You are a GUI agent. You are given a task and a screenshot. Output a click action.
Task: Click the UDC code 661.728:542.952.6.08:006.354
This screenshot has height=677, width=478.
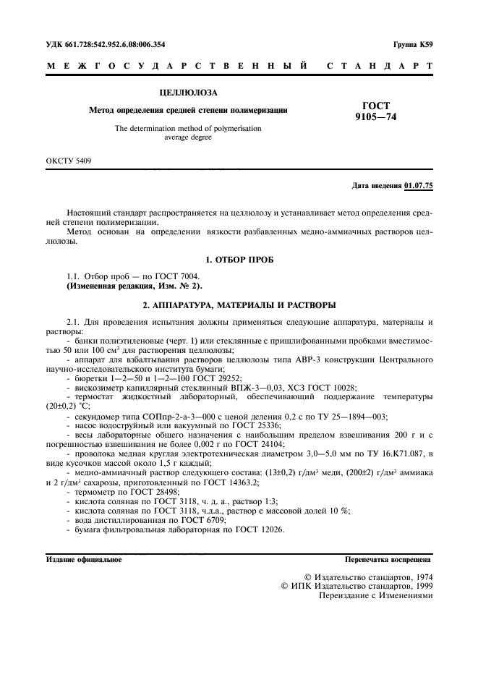pos(106,44)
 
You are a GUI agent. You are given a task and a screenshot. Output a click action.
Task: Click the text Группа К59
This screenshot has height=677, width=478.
pos(413,44)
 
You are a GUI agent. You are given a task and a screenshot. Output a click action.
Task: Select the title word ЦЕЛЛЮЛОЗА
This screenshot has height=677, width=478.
pos(187,93)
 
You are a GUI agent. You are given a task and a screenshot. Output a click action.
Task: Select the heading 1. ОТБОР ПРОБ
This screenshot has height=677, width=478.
pos(239,259)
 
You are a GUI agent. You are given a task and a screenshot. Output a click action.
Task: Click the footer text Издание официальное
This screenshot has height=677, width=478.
pos(84,559)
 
